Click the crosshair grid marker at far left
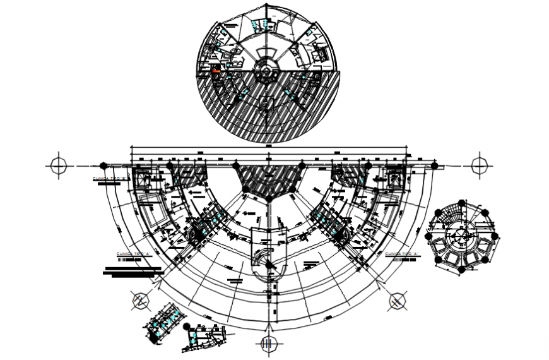57,165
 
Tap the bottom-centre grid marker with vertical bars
268,344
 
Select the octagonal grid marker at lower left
140,301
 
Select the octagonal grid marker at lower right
397,301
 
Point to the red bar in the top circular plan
216,72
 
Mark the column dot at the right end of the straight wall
434,165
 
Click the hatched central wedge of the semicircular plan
268,177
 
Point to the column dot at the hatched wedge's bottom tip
269,199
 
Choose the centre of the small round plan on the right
461,237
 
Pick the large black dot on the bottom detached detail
187,328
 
